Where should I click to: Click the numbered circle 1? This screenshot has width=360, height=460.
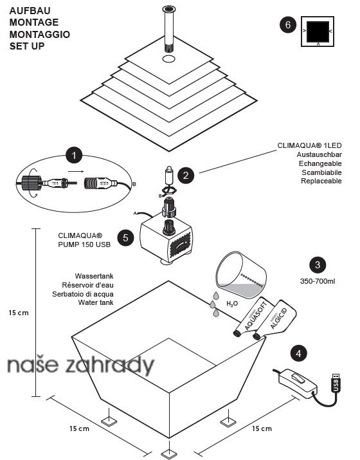[74, 156]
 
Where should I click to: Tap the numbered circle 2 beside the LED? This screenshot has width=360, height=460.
[186, 176]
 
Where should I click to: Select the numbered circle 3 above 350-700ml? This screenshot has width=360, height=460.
[318, 265]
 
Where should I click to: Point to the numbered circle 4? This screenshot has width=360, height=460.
[298, 353]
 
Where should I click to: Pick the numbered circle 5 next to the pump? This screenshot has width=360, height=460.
[125, 237]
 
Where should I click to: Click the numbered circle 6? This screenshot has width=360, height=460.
[288, 24]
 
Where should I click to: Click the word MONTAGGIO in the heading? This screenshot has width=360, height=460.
[40, 34]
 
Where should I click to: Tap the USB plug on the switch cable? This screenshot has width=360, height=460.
[336, 382]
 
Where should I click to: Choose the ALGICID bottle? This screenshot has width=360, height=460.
[275, 320]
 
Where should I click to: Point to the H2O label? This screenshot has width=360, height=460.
[232, 304]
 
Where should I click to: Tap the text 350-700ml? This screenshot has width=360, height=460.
[318, 281]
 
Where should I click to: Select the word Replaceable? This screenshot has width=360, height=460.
[321, 181]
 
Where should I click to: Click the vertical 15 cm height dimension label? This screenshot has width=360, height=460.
[19, 313]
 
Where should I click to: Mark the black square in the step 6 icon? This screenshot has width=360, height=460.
[318, 32]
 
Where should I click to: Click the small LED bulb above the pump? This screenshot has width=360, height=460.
[168, 176]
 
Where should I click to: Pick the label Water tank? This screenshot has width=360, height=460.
[96, 302]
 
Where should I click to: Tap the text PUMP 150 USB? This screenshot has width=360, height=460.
[84, 244]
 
